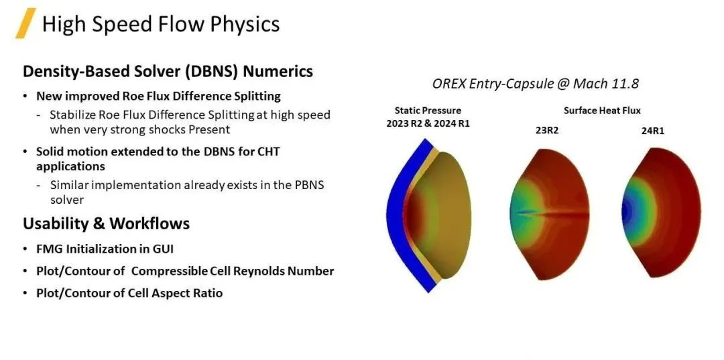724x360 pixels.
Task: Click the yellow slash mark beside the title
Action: (26, 23)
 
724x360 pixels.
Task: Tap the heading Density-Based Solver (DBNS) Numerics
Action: (168, 72)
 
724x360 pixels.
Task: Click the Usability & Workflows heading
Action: (106, 224)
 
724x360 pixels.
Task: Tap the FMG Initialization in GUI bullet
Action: (105, 249)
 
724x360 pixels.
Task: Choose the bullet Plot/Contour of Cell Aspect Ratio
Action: (129, 293)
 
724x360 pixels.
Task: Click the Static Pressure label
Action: (428, 111)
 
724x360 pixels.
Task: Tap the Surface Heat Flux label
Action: (602, 111)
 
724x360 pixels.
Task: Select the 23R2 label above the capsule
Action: (547, 131)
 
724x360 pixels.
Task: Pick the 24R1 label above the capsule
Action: (653, 131)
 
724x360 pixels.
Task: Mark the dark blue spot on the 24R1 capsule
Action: (625, 213)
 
